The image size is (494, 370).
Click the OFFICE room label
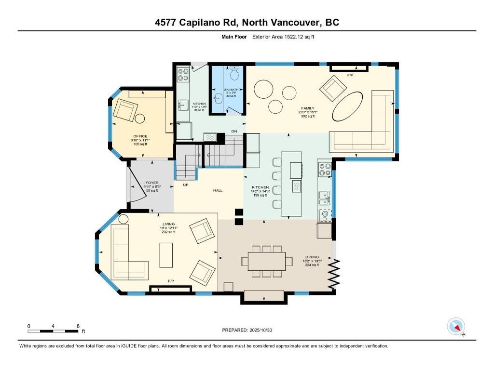(x=140, y=136)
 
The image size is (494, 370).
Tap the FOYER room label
(x=152, y=183)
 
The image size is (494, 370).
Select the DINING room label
(x=312, y=257)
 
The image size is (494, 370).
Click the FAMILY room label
(x=308, y=108)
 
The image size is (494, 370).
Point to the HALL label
(x=218, y=191)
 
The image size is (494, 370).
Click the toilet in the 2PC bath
(x=234, y=74)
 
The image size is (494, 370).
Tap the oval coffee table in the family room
(x=347, y=106)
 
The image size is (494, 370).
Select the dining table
(x=267, y=261)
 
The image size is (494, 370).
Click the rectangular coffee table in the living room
(x=166, y=255)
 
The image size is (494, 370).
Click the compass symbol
(x=455, y=327)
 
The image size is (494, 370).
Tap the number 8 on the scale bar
(x=78, y=326)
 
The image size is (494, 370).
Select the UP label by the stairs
(x=185, y=185)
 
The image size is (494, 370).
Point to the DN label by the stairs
(x=234, y=132)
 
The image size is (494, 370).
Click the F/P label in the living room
(x=171, y=281)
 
